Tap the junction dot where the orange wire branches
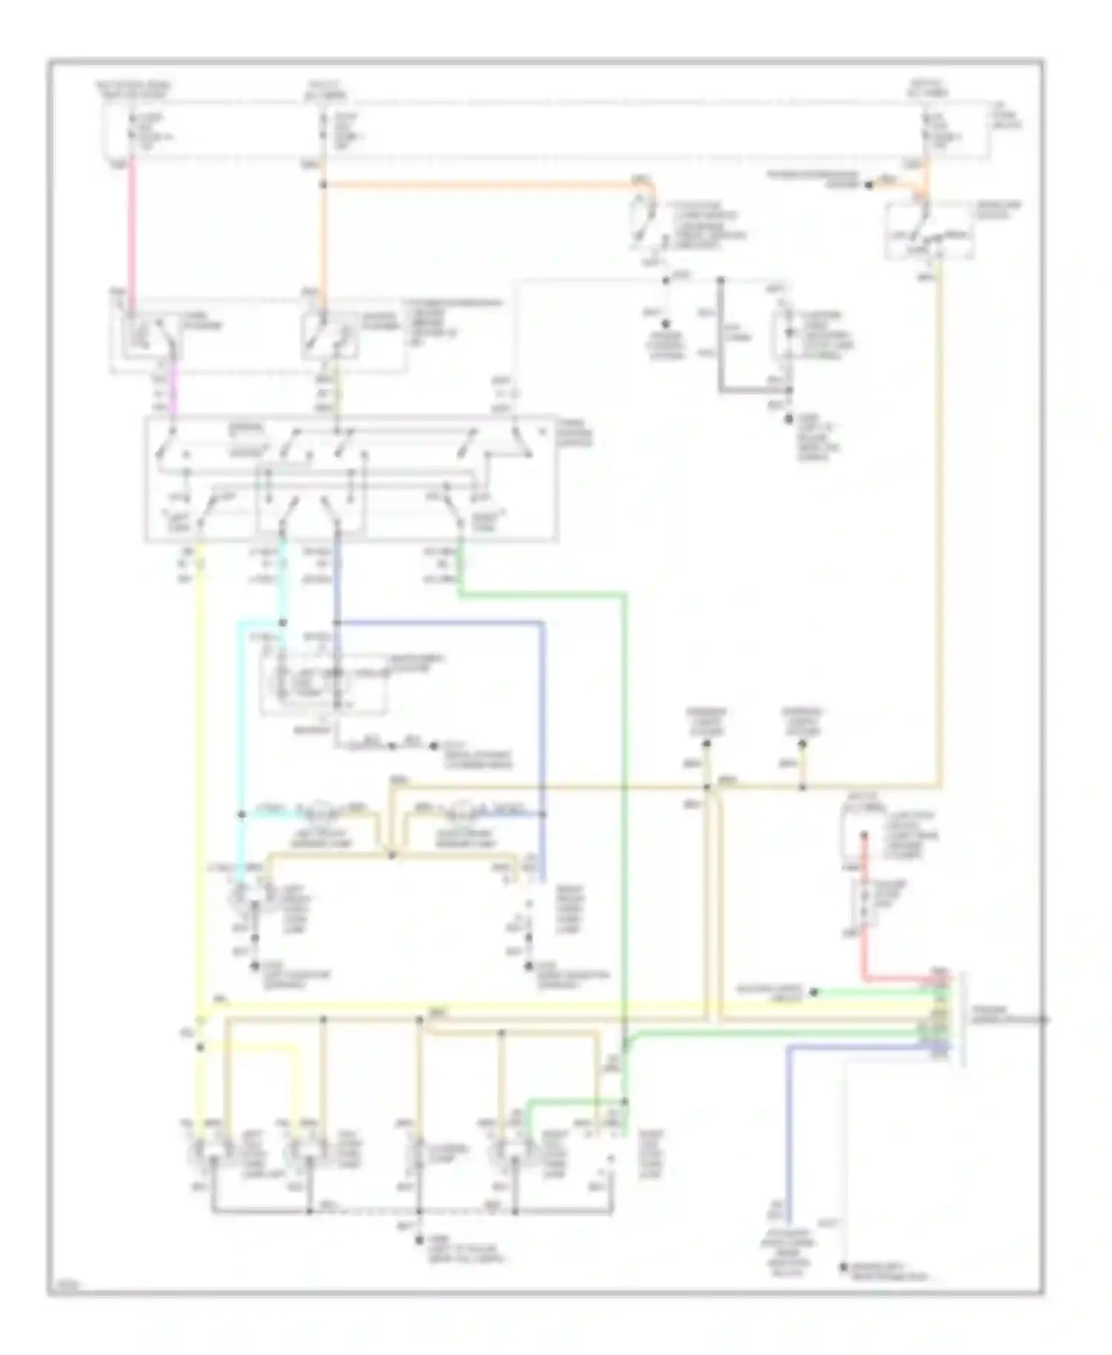point(323,185)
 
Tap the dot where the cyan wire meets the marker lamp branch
point(242,814)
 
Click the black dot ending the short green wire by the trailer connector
point(813,992)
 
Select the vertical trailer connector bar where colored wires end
point(962,1019)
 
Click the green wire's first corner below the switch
point(460,594)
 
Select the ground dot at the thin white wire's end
point(844,1268)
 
